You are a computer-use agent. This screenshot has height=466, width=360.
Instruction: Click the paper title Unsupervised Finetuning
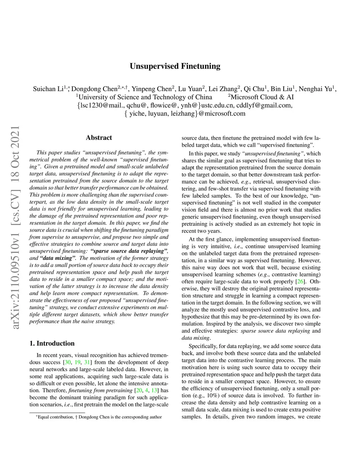pyautogui.click(x=175, y=66)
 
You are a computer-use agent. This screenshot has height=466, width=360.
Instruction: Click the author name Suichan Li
pyautogui.click(x=48, y=89)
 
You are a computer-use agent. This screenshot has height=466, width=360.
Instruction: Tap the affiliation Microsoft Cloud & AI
pyautogui.click(x=262, y=97)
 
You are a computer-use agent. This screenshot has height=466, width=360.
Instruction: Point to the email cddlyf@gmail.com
pyautogui.click(x=264, y=105)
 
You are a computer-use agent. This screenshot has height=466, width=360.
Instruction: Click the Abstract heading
pyautogui.click(x=99, y=138)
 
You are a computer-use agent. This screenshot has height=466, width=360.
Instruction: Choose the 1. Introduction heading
pyautogui.click(x=52, y=343)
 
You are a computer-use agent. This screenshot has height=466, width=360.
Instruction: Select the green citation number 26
pyautogui.click(x=300, y=281)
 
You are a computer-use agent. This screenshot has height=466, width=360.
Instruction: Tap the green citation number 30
pyautogui.click(x=67, y=362)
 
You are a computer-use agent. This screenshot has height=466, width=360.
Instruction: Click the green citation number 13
pyautogui.click(x=154, y=390)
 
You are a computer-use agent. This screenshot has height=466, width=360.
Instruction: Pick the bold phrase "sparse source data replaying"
pyautogui.click(x=128, y=251)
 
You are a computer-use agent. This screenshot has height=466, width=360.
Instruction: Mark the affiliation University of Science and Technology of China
pyautogui.click(x=145, y=97)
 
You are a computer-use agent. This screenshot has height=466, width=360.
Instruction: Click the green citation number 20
pyautogui.click(x=139, y=390)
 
